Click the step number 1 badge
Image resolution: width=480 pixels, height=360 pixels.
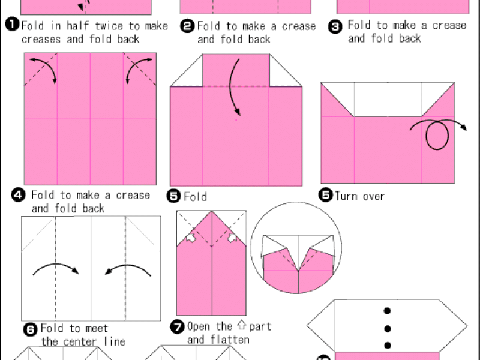tap(12, 25)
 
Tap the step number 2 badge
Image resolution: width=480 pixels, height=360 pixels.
tap(187, 26)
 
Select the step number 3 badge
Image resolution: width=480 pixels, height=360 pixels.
tap(335, 27)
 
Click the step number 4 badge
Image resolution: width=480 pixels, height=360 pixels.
tap(19, 195)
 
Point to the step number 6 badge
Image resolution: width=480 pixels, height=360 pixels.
tap(31, 329)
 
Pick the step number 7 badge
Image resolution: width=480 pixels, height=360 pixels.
tap(177, 327)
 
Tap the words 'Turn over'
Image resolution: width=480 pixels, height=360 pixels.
tap(359, 196)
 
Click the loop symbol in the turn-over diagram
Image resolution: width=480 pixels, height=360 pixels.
tap(437, 136)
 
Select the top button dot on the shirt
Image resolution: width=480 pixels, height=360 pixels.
tap(387, 311)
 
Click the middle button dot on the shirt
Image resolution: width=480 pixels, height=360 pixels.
tap(388, 329)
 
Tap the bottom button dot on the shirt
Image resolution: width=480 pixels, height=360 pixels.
tap(388, 346)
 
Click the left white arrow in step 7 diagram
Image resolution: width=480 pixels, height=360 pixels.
tap(191, 238)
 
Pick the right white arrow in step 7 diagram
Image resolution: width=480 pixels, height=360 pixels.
tap(232, 238)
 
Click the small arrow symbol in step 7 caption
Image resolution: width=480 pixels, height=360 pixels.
tap(242, 325)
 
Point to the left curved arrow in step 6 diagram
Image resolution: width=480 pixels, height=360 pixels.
tap(56, 264)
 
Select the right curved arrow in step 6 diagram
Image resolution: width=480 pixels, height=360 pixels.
tap(128, 265)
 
